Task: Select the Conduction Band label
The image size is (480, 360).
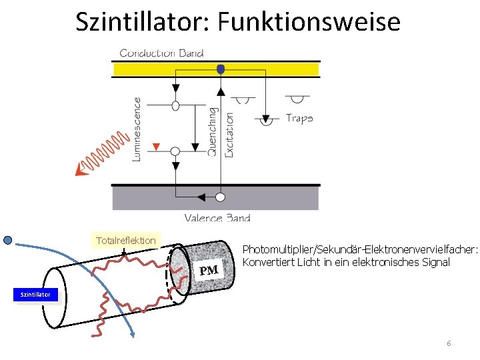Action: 161,53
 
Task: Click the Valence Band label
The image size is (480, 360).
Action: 217,217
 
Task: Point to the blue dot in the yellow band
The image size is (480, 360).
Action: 221,69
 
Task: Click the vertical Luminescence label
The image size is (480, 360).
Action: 137,129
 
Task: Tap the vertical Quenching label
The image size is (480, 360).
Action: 213,131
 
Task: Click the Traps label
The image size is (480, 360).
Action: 299,118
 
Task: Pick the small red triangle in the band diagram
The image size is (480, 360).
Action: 157,146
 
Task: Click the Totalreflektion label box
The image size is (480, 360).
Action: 125,240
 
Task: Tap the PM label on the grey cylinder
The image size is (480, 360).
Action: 209,270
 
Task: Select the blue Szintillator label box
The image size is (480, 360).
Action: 36,295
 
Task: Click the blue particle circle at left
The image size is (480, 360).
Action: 8,240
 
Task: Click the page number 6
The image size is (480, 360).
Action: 449,343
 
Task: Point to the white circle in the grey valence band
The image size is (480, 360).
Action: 220,197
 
